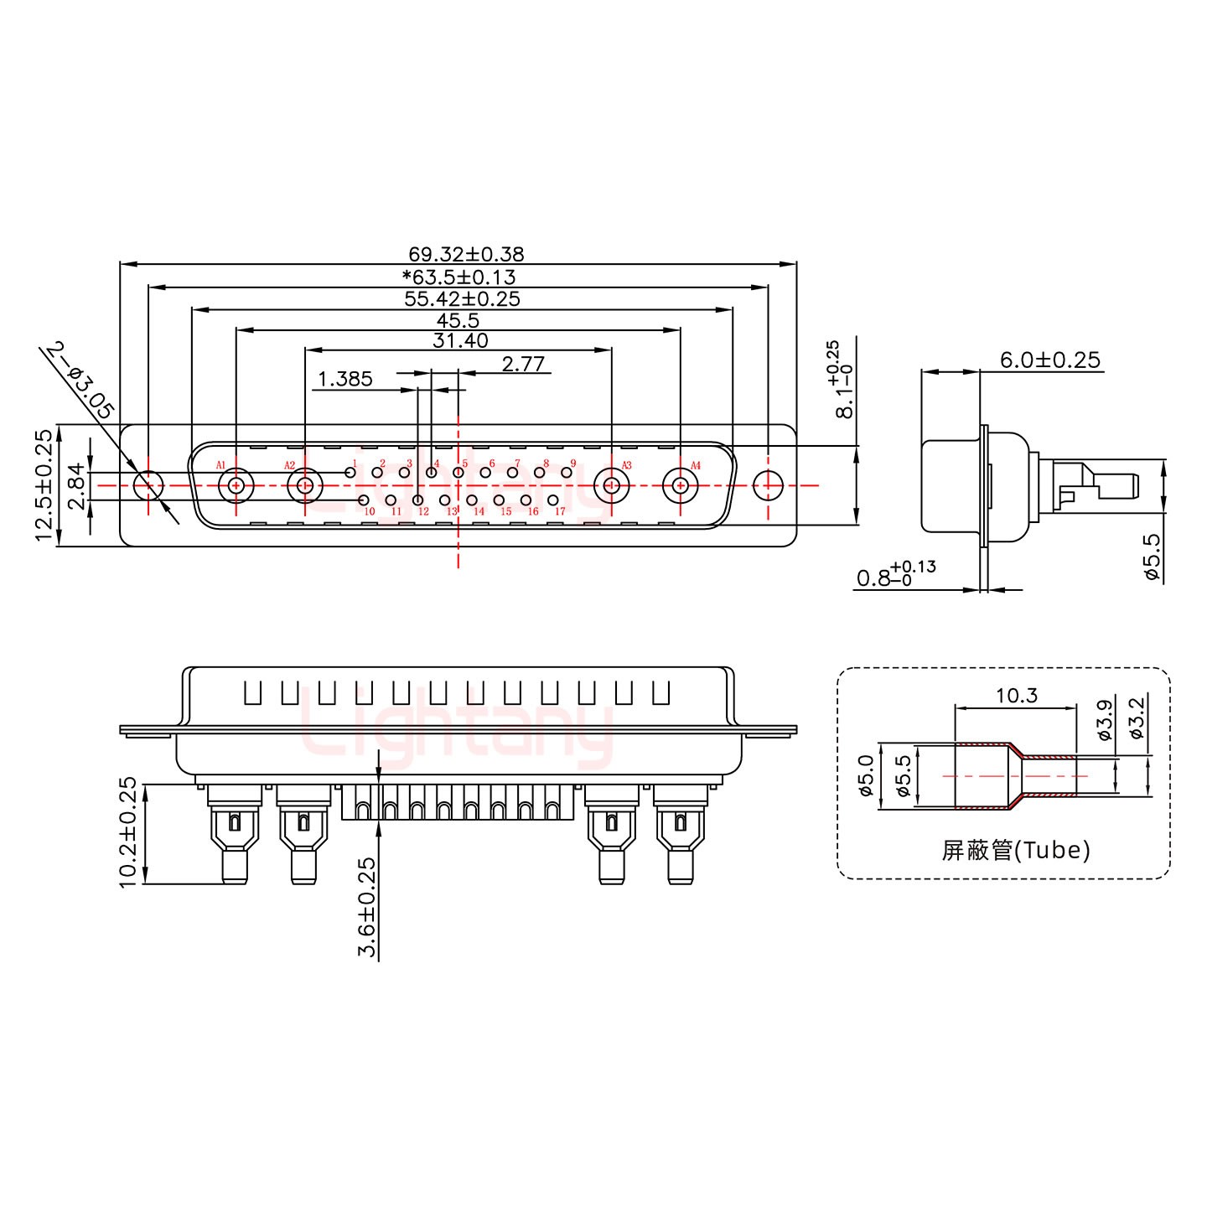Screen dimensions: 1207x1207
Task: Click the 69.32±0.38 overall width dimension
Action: (x=466, y=254)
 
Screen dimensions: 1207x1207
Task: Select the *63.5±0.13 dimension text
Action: (x=458, y=277)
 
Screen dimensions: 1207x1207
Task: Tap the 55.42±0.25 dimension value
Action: (x=462, y=298)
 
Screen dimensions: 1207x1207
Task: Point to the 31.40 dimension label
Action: (x=460, y=340)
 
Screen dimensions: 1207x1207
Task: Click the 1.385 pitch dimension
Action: (x=344, y=379)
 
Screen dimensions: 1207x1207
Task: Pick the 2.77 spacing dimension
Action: (x=523, y=364)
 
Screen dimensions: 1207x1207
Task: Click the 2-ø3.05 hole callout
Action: (x=80, y=381)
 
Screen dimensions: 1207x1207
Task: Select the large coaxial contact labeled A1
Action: (x=236, y=485)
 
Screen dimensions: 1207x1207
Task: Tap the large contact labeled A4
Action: (x=680, y=485)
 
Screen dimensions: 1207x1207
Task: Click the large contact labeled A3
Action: (x=611, y=485)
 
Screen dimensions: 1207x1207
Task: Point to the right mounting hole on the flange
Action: (x=767, y=485)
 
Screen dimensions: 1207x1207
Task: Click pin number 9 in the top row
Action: (x=567, y=473)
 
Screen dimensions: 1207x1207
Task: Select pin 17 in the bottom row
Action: (x=552, y=500)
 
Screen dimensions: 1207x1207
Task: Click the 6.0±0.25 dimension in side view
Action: (x=1049, y=360)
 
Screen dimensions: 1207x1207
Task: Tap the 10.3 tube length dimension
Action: (x=1016, y=696)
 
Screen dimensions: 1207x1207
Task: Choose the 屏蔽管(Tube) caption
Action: (x=1016, y=850)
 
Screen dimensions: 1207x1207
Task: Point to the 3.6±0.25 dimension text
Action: (x=367, y=907)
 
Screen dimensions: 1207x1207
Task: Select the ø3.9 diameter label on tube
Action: (x=1105, y=719)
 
